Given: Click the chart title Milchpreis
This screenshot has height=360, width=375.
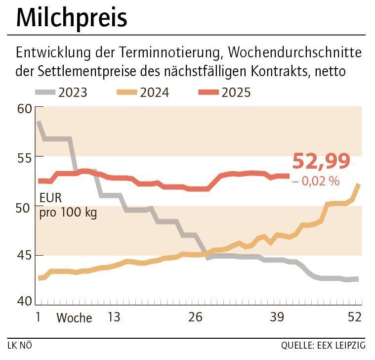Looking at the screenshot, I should coord(72,18).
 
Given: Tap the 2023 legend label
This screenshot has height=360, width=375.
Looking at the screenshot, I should coord(73,92).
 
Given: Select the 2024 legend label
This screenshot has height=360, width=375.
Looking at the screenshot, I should coord(154,92).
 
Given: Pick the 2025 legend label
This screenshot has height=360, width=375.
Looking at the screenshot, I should coord(236,92).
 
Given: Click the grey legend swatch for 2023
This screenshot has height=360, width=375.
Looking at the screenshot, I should coord(45,92).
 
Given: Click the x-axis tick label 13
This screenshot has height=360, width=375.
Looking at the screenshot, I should coord(113,317).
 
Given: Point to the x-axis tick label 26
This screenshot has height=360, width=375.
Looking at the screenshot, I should coord(195,317).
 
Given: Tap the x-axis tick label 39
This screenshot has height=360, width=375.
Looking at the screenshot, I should coord(278,317).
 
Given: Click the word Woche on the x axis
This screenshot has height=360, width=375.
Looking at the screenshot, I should coord(74,317).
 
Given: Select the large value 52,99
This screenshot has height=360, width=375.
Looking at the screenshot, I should coord(321,162).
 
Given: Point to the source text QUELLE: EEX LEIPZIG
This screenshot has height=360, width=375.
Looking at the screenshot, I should coord(323,345).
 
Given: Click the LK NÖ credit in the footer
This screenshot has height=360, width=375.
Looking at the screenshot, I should coord(20,345).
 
